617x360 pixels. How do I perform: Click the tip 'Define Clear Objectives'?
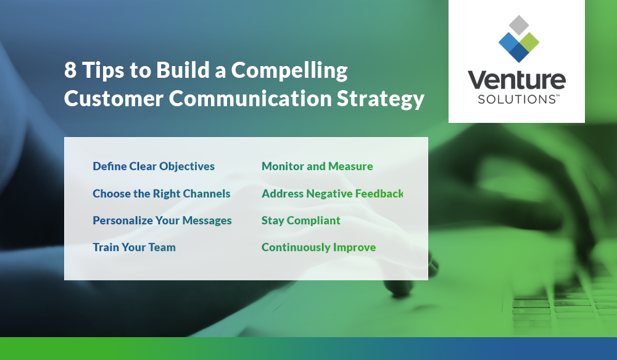[x=154, y=166]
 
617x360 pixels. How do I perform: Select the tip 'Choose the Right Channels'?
[x=161, y=193]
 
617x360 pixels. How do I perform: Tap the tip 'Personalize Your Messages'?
[x=162, y=220]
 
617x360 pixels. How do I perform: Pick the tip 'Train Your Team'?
[x=134, y=247]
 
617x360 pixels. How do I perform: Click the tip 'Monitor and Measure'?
[x=317, y=166]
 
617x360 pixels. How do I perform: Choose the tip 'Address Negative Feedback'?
[x=332, y=193]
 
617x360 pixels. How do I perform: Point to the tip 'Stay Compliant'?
[x=301, y=220]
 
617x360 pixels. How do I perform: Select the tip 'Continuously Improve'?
[x=318, y=247]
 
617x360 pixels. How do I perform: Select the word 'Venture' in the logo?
[x=516, y=81]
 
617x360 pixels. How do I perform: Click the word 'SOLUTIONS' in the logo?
[x=514, y=99]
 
